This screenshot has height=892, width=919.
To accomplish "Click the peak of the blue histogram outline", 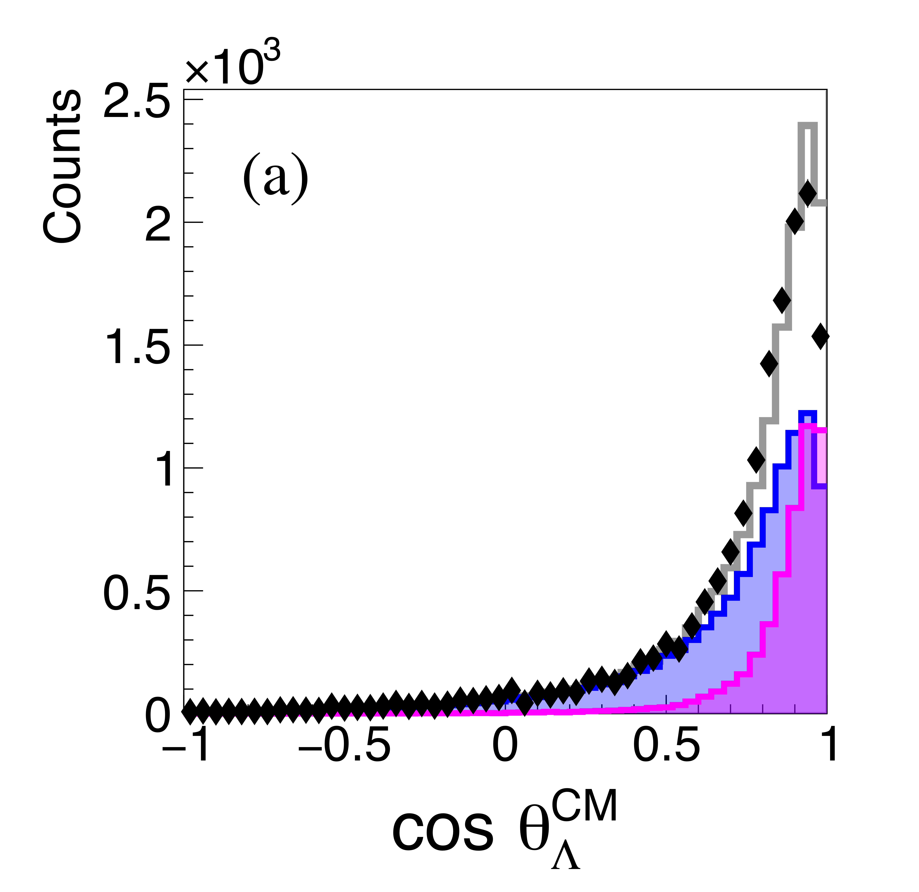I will [807, 413].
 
